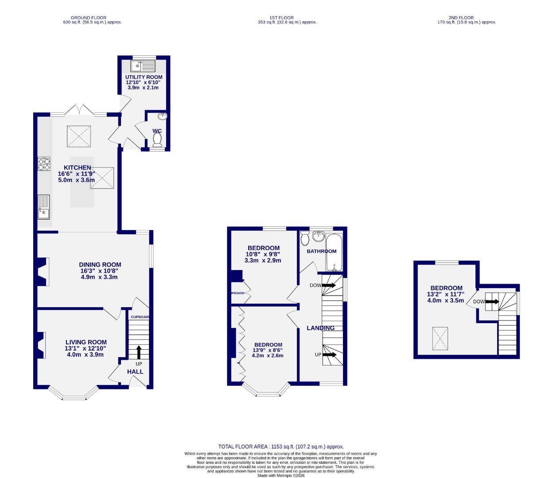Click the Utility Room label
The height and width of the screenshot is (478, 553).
click(144, 77)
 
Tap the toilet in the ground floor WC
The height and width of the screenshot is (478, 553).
click(157, 139)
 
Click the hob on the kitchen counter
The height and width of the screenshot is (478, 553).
click(44, 164)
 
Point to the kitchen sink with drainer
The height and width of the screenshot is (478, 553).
click(44, 207)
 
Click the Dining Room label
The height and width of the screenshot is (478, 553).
click(100, 265)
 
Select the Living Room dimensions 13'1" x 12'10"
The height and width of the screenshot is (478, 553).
click(86, 348)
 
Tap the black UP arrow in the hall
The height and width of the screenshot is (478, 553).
click(139, 352)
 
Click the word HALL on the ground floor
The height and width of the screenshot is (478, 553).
click(135, 372)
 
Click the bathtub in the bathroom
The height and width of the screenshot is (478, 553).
click(334, 253)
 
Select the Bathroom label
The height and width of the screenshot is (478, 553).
click(322, 251)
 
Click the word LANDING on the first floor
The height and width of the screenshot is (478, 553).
click(321, 328)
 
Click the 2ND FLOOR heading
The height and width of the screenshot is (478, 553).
click(464, 18)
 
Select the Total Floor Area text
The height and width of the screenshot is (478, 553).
click(280, 447)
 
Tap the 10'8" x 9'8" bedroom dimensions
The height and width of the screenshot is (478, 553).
click(263, 254)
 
